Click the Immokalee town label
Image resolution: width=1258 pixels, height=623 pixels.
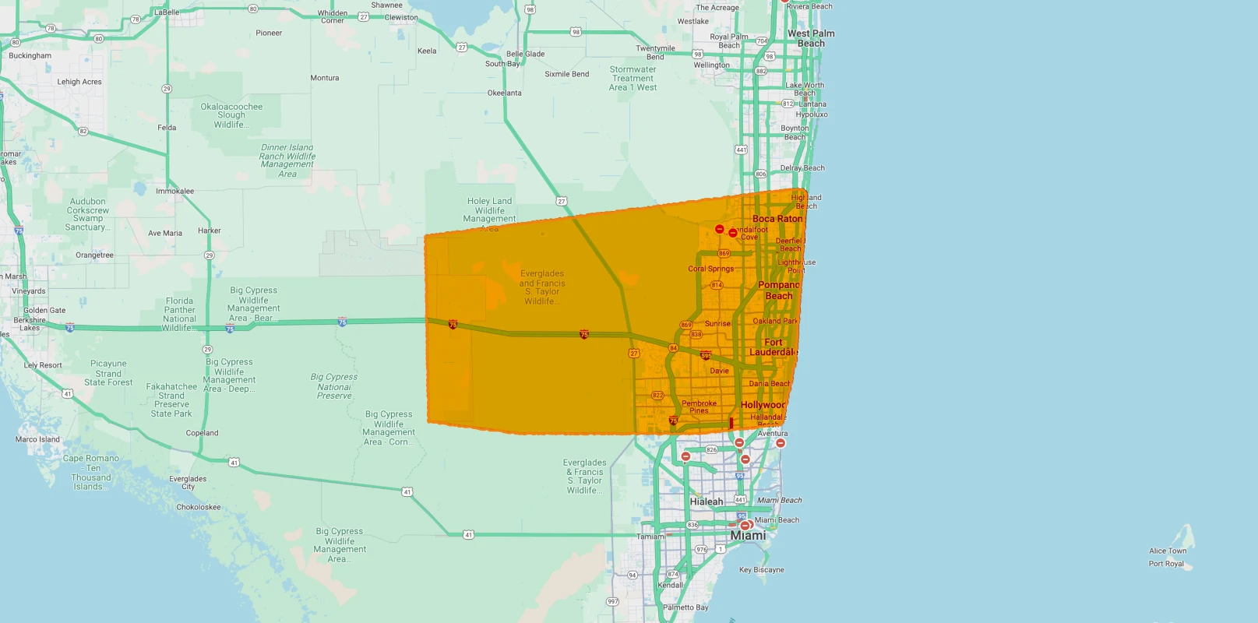click(174, 191)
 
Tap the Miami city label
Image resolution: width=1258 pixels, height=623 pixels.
click(748, 536)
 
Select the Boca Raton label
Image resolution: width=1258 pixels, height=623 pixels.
click(777, 219)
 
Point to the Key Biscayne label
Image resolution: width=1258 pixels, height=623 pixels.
click(761, 570)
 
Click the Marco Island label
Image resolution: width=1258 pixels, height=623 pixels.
click(37, 439)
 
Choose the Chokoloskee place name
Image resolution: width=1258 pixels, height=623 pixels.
click(198, 507)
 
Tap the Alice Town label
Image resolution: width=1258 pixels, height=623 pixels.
click(1168, 551)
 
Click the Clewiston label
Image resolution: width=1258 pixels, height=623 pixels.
click(401, 17)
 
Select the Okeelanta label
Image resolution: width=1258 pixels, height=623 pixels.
click(504, 93)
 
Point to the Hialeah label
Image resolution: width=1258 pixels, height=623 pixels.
click(707, 502)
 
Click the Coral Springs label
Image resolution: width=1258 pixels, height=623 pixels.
click(710, 269)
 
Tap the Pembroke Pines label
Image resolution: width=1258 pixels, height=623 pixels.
click(699, 407)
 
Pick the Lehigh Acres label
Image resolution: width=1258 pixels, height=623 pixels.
click(79, 82)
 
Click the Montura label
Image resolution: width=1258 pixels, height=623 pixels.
click(324, 78)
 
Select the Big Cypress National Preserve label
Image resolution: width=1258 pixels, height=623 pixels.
click(334, 386)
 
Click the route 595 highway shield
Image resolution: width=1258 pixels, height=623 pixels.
click(706, 356)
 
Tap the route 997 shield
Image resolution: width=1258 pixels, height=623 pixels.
click(612, 601)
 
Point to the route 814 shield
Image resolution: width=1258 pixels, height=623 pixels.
click(717, 285)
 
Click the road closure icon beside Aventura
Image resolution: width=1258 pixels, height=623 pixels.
click(780, 443)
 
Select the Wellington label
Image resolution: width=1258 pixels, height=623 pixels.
click(711, 65)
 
